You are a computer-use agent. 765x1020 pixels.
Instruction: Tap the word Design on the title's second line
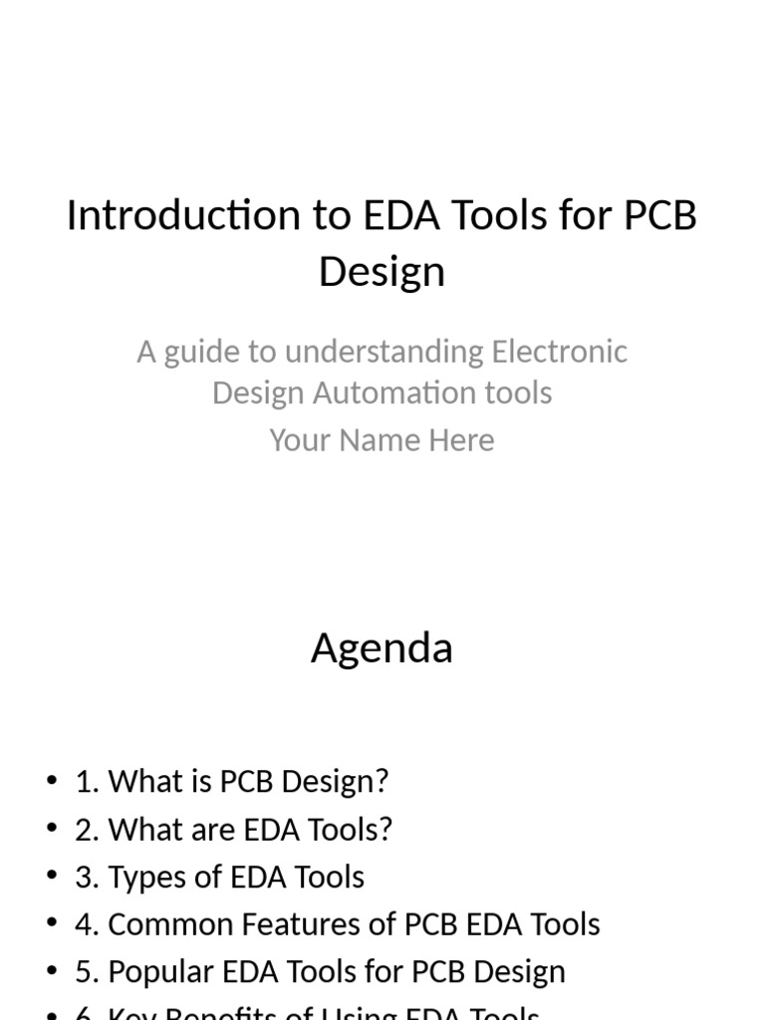click(382, 271)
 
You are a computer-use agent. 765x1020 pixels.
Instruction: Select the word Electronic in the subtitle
click(560, 352)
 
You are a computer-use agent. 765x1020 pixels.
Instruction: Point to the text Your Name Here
click(382, 440)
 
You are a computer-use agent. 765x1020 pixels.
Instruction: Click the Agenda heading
click(382, 648)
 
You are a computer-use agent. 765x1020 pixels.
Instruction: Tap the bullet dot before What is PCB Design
click(52, 781)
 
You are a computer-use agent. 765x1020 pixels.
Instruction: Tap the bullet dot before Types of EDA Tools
click(52, 877)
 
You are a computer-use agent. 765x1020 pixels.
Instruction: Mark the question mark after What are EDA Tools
click(385, 829)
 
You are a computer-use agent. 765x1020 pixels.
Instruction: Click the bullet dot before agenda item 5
click(52, 972)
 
